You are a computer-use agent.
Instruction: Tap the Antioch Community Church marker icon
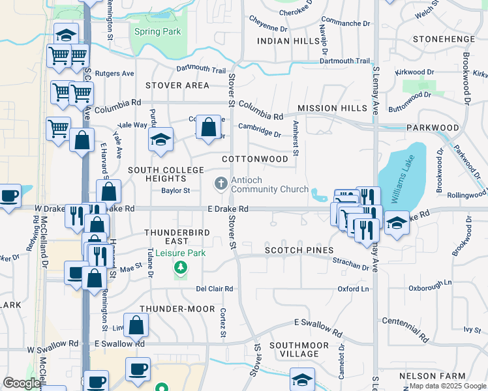point(221,184)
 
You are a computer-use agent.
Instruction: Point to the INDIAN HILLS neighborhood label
point(288,41)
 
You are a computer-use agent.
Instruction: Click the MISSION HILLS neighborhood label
point(332,108)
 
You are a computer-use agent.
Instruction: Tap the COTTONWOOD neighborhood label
point(255,159)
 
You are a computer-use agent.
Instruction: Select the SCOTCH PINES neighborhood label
point(299,250)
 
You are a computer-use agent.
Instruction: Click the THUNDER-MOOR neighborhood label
point(177,309)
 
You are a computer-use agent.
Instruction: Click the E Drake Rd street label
point(228,209)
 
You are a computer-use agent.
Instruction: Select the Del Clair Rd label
point(215,289)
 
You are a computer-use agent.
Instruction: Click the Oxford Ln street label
point(353,289)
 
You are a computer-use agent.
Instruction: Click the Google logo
point(22,383)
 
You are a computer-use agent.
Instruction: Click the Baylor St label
point(175,191)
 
